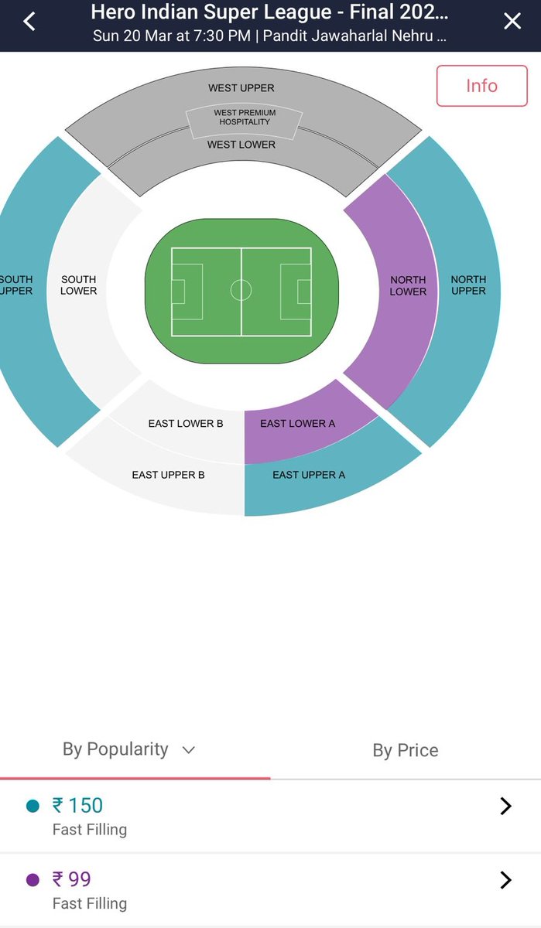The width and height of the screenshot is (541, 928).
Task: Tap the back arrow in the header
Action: coord(29,22)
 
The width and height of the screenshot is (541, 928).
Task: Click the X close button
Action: coord(512,22)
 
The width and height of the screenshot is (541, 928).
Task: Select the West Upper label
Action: coord(241,88)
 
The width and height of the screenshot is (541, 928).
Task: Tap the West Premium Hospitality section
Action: coord(244,118)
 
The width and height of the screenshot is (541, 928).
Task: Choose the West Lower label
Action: coord(241,145)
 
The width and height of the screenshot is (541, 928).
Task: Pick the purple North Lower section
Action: coord(408,285)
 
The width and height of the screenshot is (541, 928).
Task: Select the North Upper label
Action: coord(468,285)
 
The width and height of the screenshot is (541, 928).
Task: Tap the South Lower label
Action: coord(79,285)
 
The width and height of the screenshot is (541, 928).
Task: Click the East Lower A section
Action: coord(298,424)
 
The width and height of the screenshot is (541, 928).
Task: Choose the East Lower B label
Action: coord(186,424)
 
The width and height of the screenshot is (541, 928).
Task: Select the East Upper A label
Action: coord(309,475)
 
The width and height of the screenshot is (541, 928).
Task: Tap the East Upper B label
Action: coord(168,475)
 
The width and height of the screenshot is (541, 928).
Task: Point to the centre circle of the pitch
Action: coord(241,291)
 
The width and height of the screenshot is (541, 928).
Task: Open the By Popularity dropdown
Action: coord(128,749)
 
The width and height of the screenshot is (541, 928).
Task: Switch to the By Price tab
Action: coord(406,750)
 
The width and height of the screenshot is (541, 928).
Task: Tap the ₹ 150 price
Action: coord(77,806)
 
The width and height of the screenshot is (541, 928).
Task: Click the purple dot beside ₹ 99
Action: coord(33,880)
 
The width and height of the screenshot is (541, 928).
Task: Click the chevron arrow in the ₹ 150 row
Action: coord(505,807)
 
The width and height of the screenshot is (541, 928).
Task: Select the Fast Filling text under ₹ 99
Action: coord(90,903)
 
